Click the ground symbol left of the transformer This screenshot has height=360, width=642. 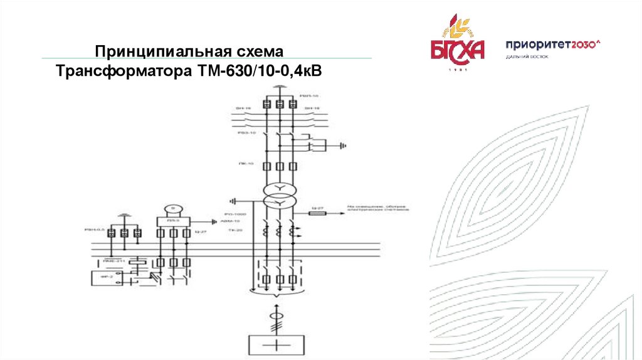point(233,201)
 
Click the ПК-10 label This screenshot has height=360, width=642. point(246,164)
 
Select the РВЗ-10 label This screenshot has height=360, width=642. point(246,133)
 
